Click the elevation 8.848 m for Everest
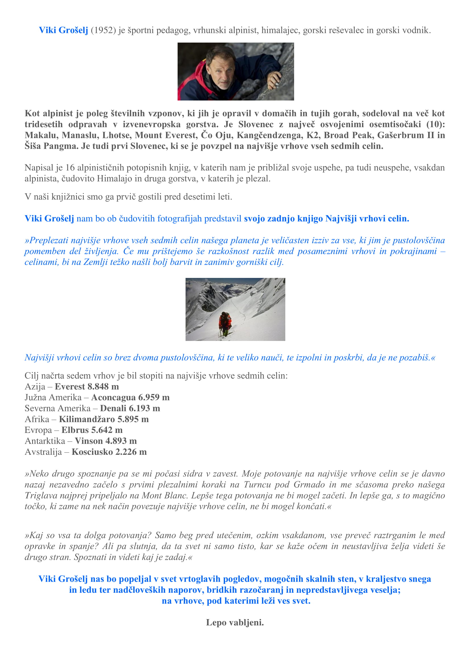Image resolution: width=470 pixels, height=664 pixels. pos(103,387)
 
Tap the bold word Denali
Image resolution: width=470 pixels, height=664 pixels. pos(113,408)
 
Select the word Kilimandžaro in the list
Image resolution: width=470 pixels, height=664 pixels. pos(87,419)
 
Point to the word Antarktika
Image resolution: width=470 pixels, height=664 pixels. pos(45,441)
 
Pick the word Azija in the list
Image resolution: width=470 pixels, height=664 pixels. pos(35,387)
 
